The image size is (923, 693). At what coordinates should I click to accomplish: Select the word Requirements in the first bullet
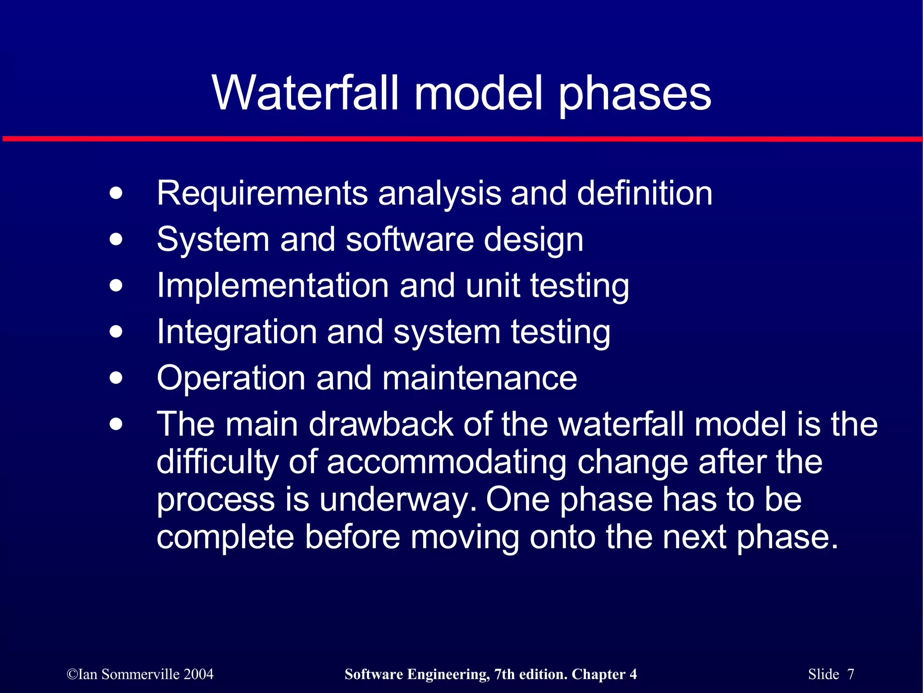(x=262, y=194)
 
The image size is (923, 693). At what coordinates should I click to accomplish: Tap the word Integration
(x=237, y=332)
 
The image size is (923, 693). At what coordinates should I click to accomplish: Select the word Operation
(x=231, y=378)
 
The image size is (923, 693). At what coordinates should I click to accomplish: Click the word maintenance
(x=480, y=378)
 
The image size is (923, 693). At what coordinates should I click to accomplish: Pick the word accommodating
(x=446, y=462)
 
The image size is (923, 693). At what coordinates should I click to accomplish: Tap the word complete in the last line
(x=225, y=537)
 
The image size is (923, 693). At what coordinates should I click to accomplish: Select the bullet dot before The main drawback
(x=116, y=424)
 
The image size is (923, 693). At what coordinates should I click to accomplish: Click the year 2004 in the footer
(x=198, y=674)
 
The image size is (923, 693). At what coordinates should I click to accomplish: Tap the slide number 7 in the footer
(x=850, y=674)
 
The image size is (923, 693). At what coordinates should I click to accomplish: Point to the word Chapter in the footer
(x=598, y=675)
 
